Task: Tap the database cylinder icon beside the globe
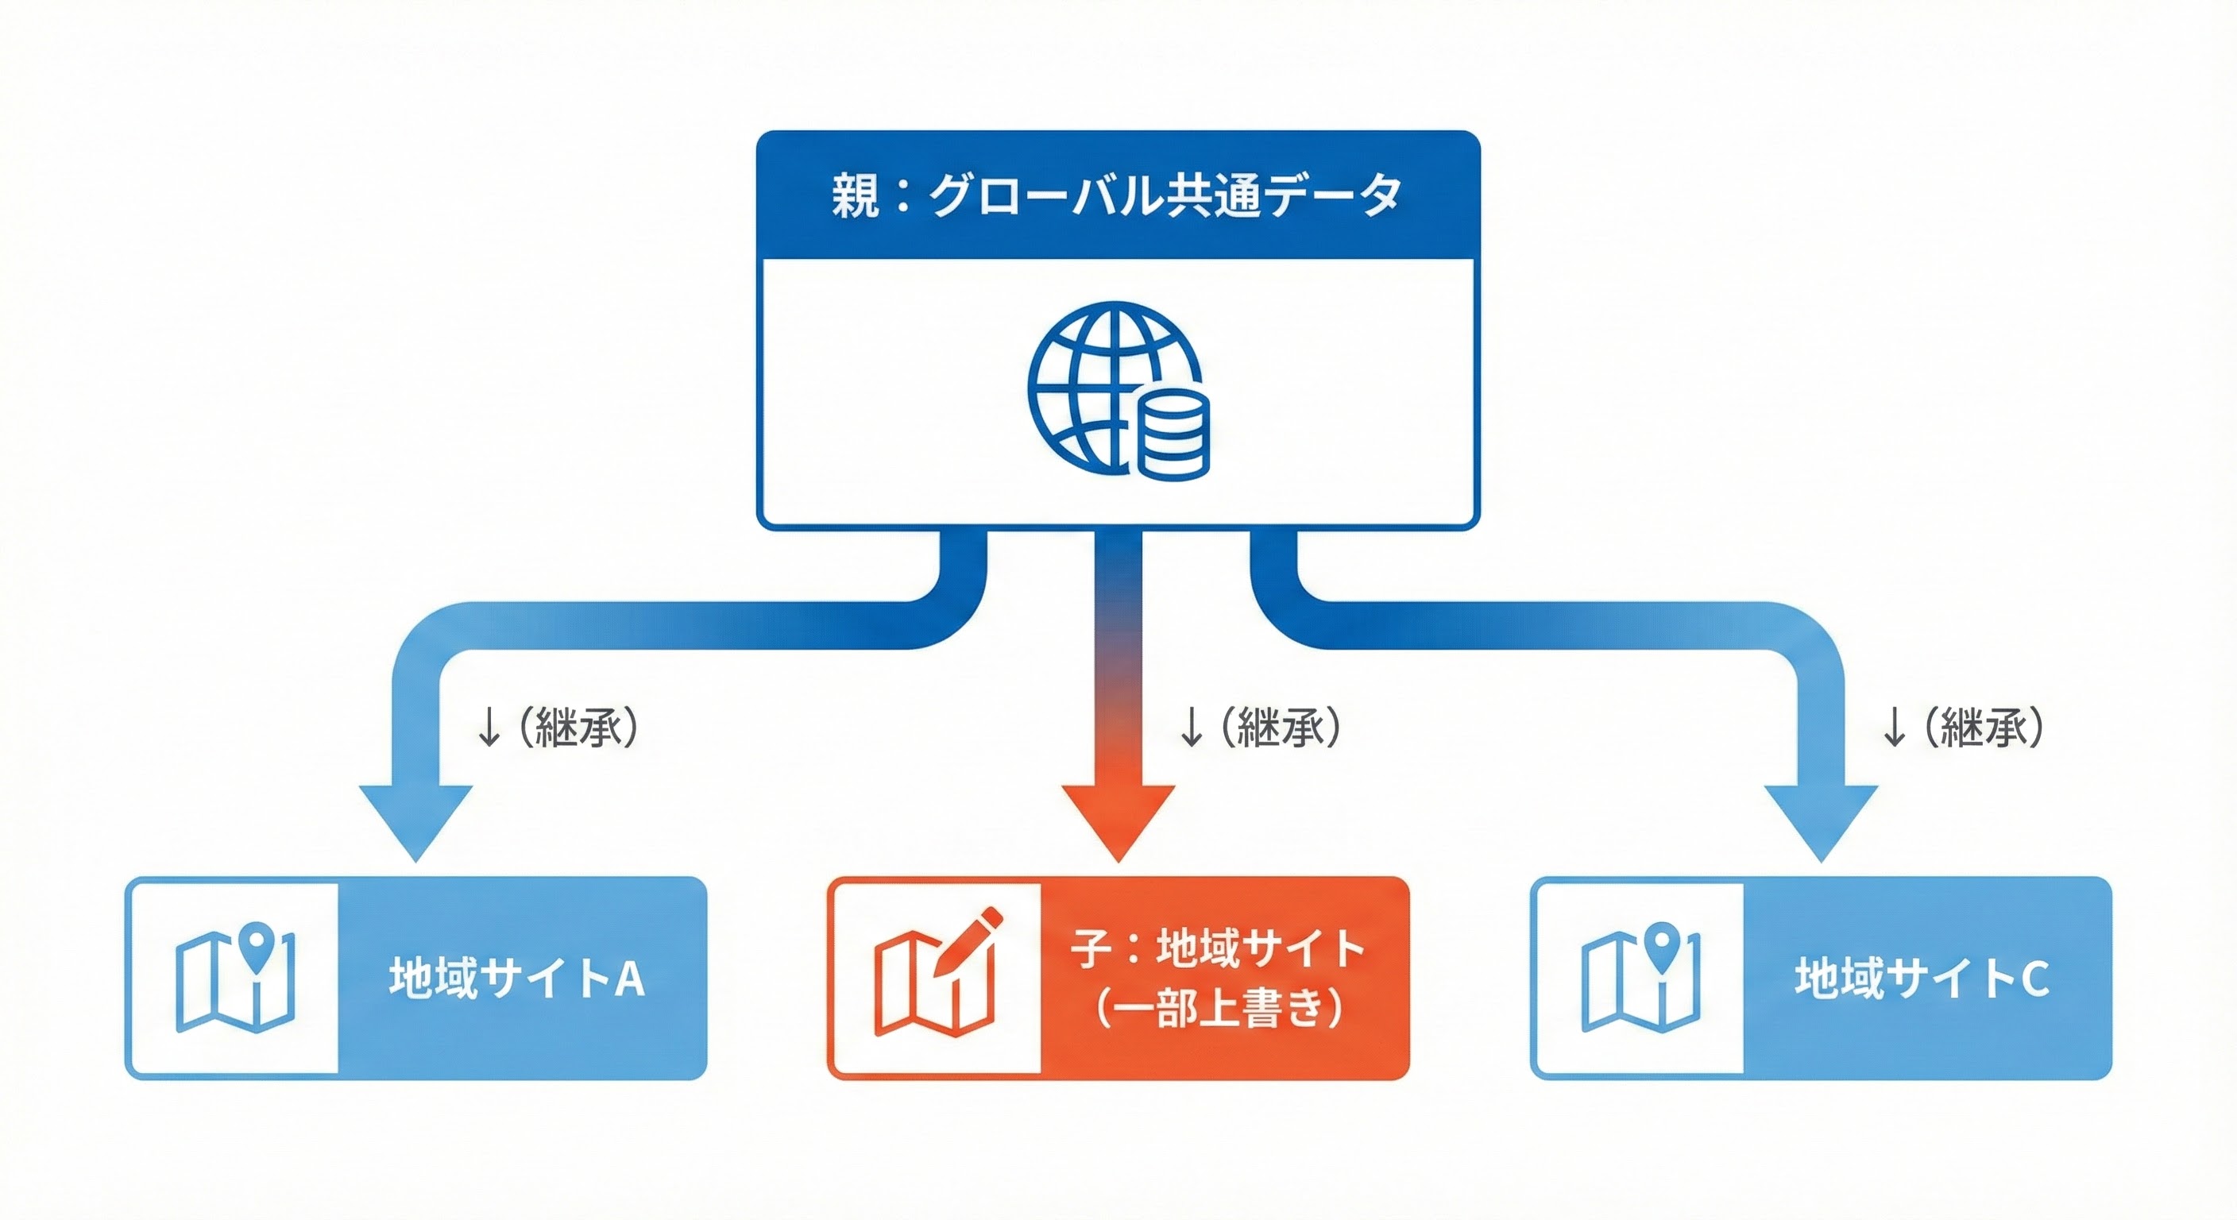point(1173,434)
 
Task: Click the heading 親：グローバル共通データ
point(1117,195)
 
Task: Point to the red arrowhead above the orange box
point(1118,820)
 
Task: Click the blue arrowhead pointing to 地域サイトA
point(416,820)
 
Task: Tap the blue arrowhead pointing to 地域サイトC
point(1821,820)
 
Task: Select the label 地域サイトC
point(1922,979)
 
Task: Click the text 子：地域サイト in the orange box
point(1219,948)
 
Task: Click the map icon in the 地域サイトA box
point(234,979)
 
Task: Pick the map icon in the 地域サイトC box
point(1640,979)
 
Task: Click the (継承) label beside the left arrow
point(578,727)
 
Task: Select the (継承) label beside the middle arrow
point(1281,727)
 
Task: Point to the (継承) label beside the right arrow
point(1984,727)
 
